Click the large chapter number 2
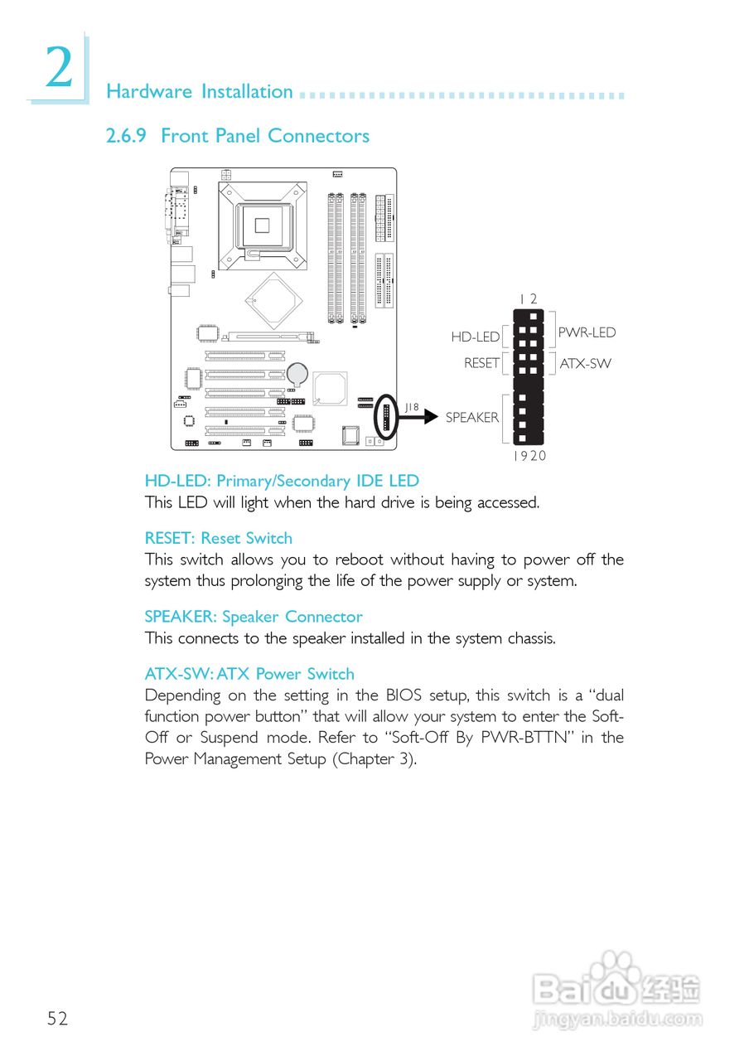pos(59,68)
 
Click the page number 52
pos(57,1019)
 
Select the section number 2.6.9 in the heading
pos(126,136)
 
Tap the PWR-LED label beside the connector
pos(587,332)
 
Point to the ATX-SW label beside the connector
pos(585,363)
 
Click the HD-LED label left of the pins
pos(476,337)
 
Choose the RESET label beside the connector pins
pos(481,363)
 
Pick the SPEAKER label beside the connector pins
pos(472,417)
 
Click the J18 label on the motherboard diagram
pos(412,406)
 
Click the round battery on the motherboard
pos(297,374)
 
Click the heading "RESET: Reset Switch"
pos(219,538)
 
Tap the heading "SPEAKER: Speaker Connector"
pos(254,617)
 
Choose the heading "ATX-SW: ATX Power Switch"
pos(249,674)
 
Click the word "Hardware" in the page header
pos(149,92)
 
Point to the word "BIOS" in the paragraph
pos(403,695)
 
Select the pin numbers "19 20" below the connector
pos(529,456)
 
